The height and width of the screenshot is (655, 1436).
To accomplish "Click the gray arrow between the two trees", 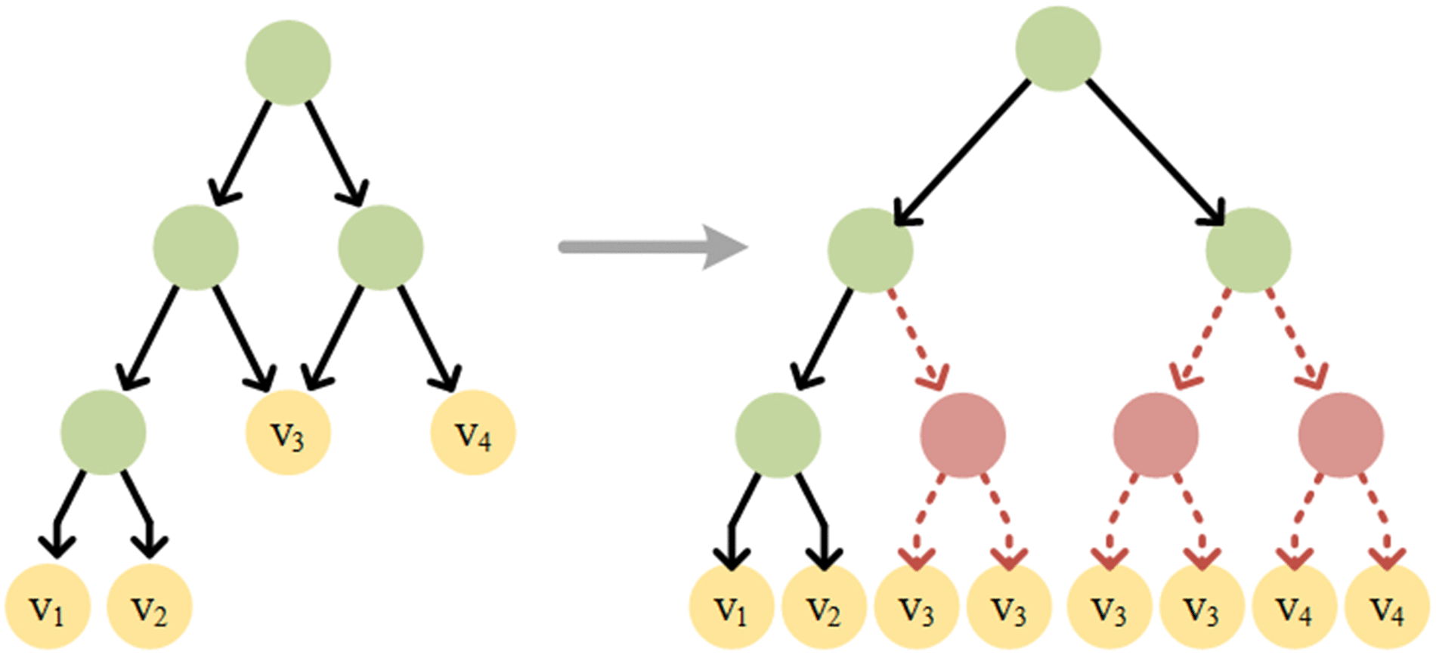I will click(650, 246).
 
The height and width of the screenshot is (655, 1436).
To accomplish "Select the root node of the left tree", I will click(288, 62).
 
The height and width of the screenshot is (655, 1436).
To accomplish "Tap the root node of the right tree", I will click(1057, 49).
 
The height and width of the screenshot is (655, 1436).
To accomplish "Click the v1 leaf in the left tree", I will click(48, 607).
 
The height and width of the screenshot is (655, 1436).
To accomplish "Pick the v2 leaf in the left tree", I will click(150, 607).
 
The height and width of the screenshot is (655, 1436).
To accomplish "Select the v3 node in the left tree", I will click(288, 433).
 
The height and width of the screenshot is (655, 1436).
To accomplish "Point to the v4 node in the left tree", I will click(473, 433).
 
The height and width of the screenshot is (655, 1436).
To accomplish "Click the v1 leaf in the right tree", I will click(732, 608).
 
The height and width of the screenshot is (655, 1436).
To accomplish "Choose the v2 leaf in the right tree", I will click(824, 608).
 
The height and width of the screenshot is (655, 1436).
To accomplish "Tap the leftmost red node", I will click(963, 435).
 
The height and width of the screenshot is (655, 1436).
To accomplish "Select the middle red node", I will click(1156, 435).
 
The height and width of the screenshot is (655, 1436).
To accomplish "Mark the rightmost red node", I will click(1341, 435).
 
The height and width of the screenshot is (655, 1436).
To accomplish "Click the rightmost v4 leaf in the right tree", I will click(1388, 608).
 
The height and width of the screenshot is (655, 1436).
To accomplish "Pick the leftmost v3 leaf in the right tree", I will click(917, 608).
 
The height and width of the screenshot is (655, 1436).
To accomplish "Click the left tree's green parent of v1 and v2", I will click(104, 433).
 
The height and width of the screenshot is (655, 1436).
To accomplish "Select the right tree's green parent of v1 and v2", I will click(778, 435).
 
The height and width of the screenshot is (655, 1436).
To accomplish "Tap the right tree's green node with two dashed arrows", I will click(1248, 250).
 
